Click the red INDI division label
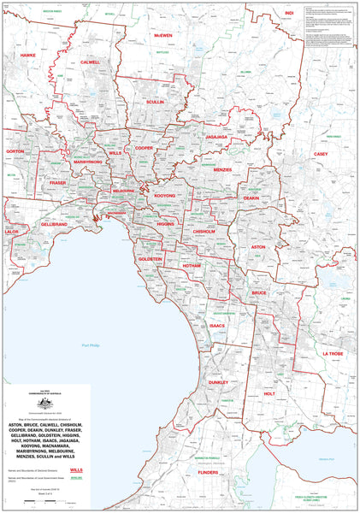[x=289, y=14]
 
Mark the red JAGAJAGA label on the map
[x=216, y=136]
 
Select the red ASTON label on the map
[x=258, y=246]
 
